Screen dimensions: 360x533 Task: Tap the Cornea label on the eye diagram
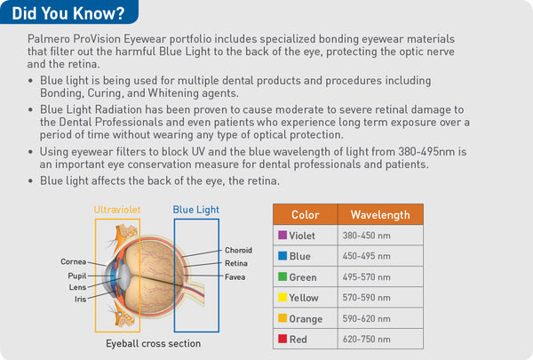click(73, 261)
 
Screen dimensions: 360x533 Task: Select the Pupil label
click(77, 276)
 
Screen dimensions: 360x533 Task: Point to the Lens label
click(77, 287)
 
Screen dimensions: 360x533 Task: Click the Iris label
click(79, 300)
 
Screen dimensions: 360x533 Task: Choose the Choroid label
click(239, 251)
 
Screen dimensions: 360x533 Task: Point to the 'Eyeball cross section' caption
click(153, 343)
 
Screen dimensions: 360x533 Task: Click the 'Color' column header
click(305, 214)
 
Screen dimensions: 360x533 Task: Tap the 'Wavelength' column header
click(379, 214)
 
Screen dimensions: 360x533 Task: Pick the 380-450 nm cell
click(366, 236)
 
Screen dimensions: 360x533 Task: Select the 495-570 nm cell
click(366, 277)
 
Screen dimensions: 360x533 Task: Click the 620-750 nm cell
click(366, 339)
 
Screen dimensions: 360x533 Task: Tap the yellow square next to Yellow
click(282, 298)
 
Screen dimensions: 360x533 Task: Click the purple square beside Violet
click(282, 236)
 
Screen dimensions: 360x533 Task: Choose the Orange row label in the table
click(306, 318)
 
